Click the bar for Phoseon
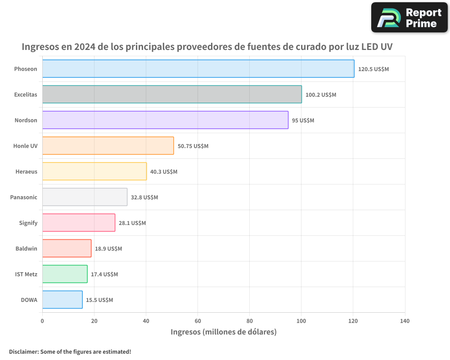198,69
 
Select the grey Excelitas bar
172,94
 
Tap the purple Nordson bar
165,120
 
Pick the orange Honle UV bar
108,146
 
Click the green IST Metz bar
65,274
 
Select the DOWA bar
62,300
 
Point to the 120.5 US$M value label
373,69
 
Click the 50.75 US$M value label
193,146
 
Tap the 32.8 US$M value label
144,198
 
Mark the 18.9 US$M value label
108,249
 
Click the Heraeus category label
27,171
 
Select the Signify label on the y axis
28,223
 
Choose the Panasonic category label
24,197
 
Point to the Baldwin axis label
27,248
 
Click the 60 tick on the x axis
198,321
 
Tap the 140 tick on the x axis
405,321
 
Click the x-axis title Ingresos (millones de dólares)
224,332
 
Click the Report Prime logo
409,18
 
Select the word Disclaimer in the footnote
23,351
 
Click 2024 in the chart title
85,47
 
